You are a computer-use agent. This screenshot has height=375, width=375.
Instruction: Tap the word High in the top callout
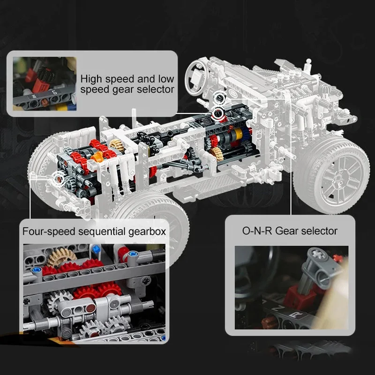click(91, 79)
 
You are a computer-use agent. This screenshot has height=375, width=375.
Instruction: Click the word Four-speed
click(49, 232)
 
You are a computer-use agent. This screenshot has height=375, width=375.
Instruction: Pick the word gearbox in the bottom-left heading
click(147, 232)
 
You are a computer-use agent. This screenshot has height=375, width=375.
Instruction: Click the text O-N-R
click(257, 231)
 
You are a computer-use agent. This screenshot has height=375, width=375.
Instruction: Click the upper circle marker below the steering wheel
click(219, 97)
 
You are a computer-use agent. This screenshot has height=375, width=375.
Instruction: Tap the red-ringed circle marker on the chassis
click(218, 113)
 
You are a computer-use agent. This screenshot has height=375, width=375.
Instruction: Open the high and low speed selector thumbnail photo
click(45, 84)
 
